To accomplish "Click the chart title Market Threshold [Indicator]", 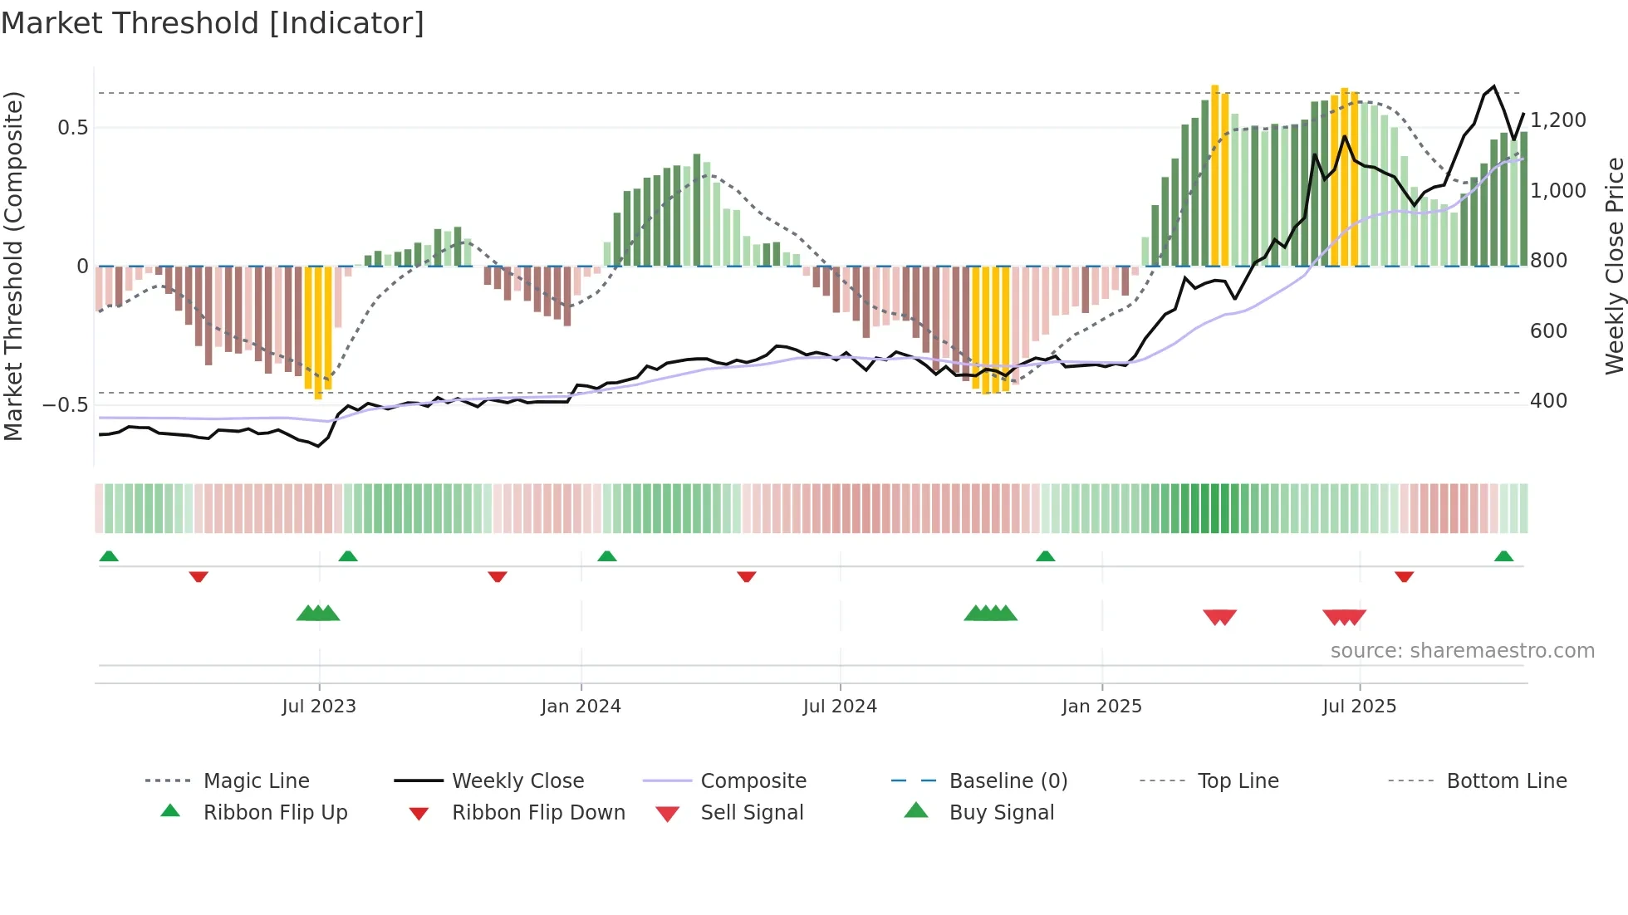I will tap(213, 23).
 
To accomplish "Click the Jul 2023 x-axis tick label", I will tap(319, 707).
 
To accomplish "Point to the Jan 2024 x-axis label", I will tap(581, 707).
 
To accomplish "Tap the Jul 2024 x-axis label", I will tap(840, 707).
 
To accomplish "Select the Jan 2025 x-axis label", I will tap(1101, 707).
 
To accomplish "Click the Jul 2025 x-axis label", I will tap(1359, 707).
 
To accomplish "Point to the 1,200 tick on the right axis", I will tap(1557, 120).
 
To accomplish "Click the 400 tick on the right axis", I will tap(1548, 401).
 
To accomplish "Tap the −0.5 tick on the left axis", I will tap(66, 405).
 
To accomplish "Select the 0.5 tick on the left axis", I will tap(72, 128).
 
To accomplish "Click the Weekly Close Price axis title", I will tap(1614, 266).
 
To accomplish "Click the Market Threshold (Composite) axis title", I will tap(13, 266).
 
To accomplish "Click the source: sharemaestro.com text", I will tap(1462, 651).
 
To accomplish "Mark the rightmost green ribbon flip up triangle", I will tap(1503, 556).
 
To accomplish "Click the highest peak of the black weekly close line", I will tap(1493, 86).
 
